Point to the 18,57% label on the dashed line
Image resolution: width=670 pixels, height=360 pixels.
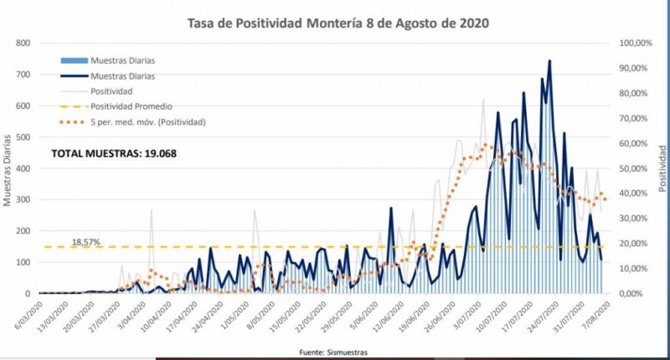[x=85, y=241]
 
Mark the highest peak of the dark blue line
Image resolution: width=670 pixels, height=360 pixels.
[x=549, y=60]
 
